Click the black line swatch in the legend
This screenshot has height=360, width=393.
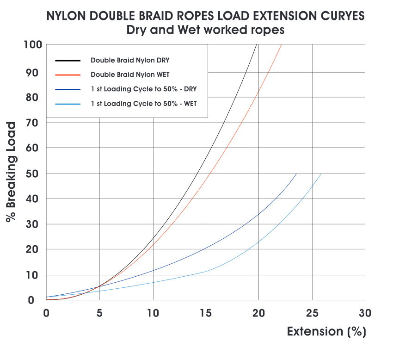[68, 61]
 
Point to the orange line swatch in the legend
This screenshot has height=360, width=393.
[68, 74]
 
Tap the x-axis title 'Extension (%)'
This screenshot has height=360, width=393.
[326, 332]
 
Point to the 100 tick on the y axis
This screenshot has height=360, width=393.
[33, 45]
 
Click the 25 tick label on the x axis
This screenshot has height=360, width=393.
[312, 313]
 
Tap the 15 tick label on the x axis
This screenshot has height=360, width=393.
[206, 313]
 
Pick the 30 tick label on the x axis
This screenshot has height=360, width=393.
[365, 313]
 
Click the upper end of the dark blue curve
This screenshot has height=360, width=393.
[296, 174]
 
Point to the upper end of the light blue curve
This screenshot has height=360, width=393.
[321, 174]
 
